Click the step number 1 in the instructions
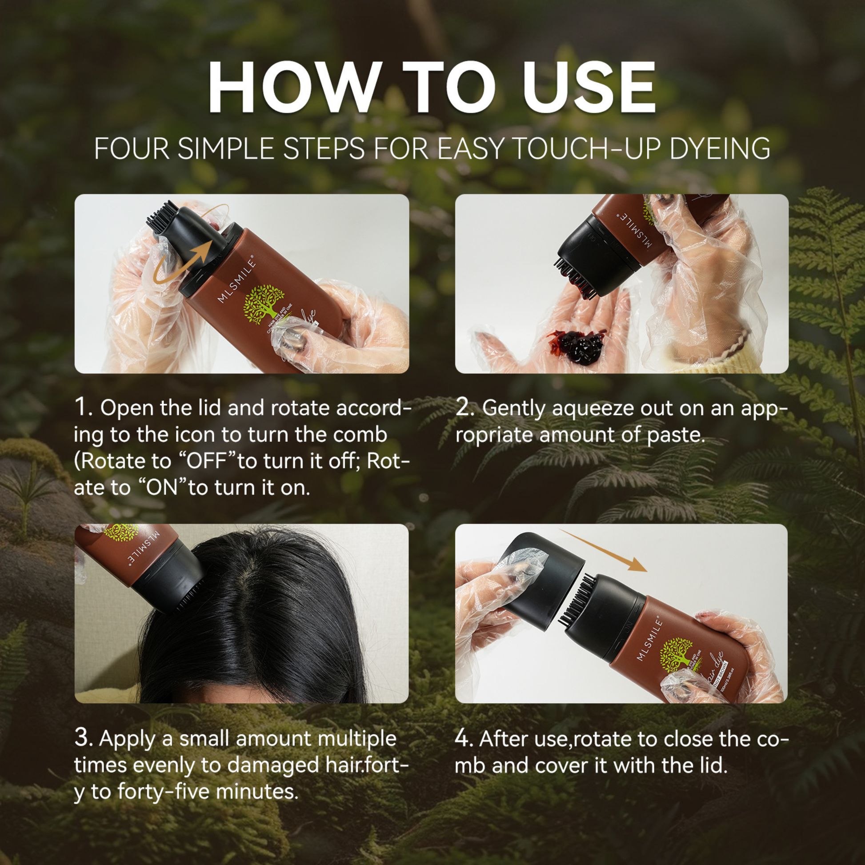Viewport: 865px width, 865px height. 83,407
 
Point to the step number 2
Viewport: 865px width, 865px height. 465,407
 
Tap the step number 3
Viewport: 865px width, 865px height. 83,738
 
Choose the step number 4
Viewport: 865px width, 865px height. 464,738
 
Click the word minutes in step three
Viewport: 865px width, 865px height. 257,792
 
